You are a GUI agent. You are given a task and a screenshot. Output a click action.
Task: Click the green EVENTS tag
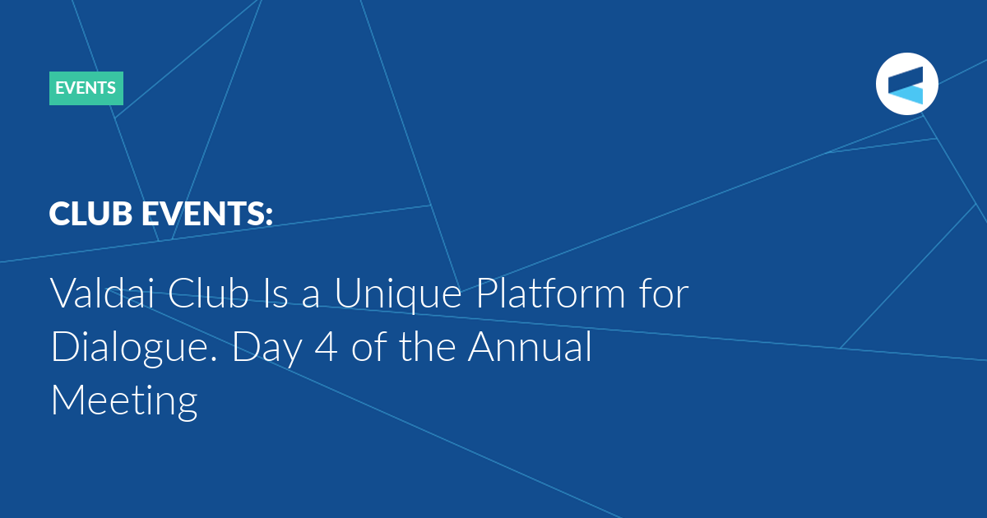pyautogui.click(x=86, y=88)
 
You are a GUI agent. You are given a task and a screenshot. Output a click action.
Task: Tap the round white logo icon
pyautogui.click(x=906, y=84)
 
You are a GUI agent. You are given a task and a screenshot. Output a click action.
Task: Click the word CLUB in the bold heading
pyautogui.click(x=90, y=214)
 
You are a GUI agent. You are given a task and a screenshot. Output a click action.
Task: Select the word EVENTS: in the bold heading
pyautogui.click(x=207, y=214)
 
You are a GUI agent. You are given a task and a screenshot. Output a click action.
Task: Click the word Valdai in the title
pyautogui.click(x=102, y=293)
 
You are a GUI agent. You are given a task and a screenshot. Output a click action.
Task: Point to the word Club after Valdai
pyautogui.click(x=208, y=293)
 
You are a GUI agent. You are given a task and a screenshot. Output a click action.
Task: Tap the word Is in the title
pyautogui.click(x=276, y=293)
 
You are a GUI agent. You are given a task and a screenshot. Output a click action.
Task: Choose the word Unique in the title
pyautogui.click(x=398, y=295)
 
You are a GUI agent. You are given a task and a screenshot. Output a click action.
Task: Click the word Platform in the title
pyautogui.click(x=551, y=293)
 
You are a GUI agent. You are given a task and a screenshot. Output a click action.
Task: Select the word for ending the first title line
pyautogui.click(x=664, y=293)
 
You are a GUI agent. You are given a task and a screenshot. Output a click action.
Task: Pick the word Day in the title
pyautogui.click(x=267, y=349)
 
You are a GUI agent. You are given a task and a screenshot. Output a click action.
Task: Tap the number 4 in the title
pyautogui.click(x=327, y=347)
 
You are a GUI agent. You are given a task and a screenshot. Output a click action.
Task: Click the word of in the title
pyautogui.click(x=368, y=346)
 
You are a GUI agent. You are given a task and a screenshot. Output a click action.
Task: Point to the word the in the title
pyautogui.click(x=428, y=346)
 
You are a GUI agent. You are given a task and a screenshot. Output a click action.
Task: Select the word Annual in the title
pyautogui.click(x=530, y=346)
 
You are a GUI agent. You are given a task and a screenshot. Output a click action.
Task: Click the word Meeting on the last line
pyautogui.click(x=124, y=401)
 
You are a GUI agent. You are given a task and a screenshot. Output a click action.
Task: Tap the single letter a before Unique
pyautogui.click(x=310, y=297)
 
